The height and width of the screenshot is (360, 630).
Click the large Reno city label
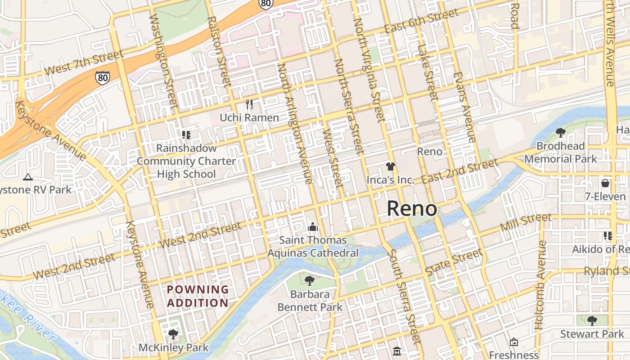coord(412,209)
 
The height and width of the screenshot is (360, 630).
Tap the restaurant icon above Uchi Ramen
coord(249,104)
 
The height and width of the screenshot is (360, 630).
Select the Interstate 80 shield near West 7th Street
coord(103,77)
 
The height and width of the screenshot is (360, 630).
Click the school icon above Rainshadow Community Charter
coord(186,135)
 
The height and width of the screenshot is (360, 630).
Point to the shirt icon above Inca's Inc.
coord(390,166)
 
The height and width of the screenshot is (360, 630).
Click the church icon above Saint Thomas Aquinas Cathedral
coord(313,227)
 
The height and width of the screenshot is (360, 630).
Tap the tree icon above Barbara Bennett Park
coord(309,281)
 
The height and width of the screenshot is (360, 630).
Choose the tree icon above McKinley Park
coord(173,334)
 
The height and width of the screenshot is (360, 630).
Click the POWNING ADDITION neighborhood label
coord(198,296)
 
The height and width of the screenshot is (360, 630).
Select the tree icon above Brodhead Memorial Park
coord(560,133)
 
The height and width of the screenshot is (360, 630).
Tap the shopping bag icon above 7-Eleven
coord(605,183)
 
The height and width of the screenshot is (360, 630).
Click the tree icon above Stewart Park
coord(592,320)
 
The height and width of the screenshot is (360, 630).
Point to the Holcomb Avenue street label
coord(540,285)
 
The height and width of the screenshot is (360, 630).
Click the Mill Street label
coord(526,222)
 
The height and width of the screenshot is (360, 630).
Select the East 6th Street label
coord(421,22)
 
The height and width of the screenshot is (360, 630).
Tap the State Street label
coord(454,263)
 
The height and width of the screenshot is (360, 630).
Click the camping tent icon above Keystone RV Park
coord(28,177)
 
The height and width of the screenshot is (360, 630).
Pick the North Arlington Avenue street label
coord(295,123)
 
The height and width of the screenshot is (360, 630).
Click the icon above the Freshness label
coord(513,342)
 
